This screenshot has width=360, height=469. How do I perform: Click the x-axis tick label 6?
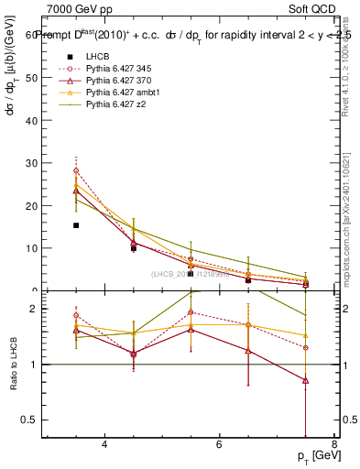219,445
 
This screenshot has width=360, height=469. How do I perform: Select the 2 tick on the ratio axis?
33,309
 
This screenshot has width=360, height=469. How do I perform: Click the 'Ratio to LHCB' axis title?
14,366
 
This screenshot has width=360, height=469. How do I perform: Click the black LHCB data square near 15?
76,225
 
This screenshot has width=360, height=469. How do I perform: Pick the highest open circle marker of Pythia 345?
76,170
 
